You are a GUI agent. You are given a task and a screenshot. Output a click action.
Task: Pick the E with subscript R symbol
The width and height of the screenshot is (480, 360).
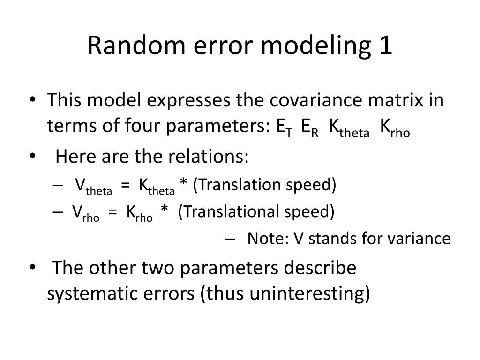310,127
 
